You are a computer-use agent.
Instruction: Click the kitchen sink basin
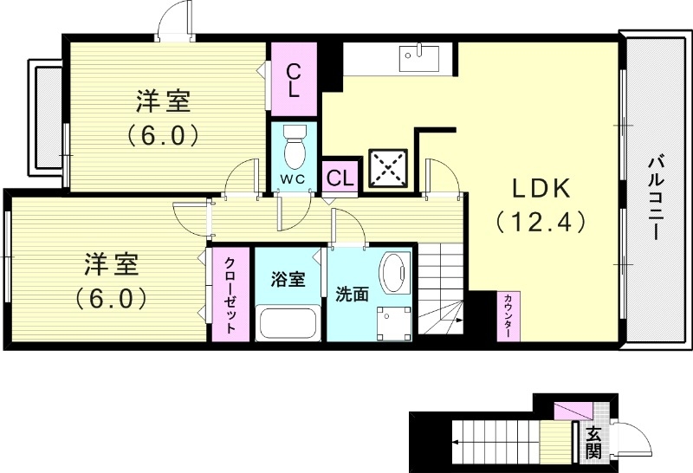419,58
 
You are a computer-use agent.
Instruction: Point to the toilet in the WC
295,147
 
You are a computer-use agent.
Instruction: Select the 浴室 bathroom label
288,279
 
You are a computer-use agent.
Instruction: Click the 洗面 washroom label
353,295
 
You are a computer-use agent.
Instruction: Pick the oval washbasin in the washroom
396,275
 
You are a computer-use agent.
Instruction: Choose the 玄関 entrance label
593,442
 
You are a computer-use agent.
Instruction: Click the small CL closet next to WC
340,178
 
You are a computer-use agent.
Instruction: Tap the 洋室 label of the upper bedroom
163,102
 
